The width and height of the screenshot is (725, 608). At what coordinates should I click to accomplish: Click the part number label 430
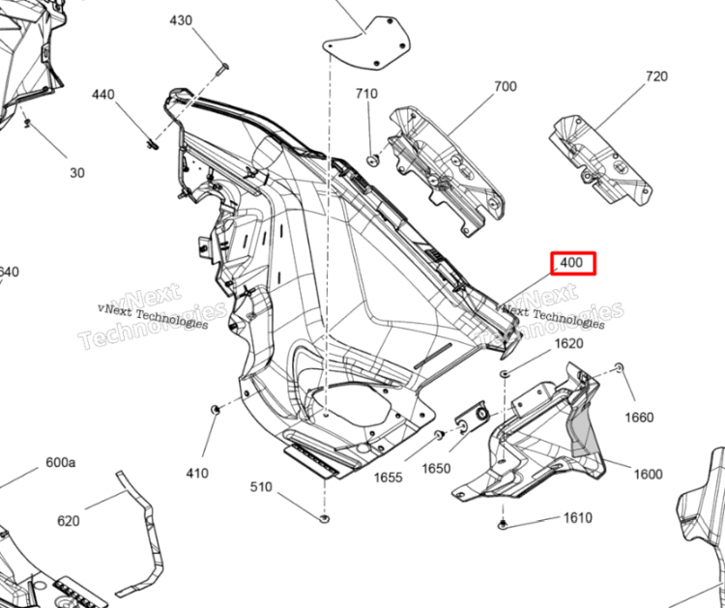tap(181, 21)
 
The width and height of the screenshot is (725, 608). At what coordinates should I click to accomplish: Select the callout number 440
tap(103, 95)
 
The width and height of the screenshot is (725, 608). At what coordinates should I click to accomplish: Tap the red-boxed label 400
tap(573, 263)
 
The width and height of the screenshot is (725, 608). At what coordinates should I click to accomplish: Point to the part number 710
tap(366, 94)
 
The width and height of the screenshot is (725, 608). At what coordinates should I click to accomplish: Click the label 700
tap(506, 87)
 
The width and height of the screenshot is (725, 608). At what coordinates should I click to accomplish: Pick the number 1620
tap(568, 344)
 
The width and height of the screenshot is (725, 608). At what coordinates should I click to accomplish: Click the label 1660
tap(639, 418)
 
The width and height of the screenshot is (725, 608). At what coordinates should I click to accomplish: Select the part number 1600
tap(648, 474)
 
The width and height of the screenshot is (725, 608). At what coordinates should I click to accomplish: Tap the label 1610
tap(577, 518)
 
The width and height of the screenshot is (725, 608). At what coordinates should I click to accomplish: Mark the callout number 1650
tap(436, 469)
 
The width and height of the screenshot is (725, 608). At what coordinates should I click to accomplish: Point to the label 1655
tap(388, 477)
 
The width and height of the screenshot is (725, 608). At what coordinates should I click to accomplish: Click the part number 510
tap(262, 486)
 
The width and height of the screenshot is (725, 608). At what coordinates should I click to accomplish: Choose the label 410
tap(197, 473)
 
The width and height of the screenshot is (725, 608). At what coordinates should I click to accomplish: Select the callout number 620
tap(68, 521)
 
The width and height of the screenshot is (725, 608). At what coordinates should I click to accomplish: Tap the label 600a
tap(60, 463)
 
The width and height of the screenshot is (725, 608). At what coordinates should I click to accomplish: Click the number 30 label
tap(77, 173)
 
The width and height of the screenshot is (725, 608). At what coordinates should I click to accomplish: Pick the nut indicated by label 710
tap(372, 158)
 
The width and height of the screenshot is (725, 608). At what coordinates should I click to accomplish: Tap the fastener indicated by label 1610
tap(505, 525)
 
